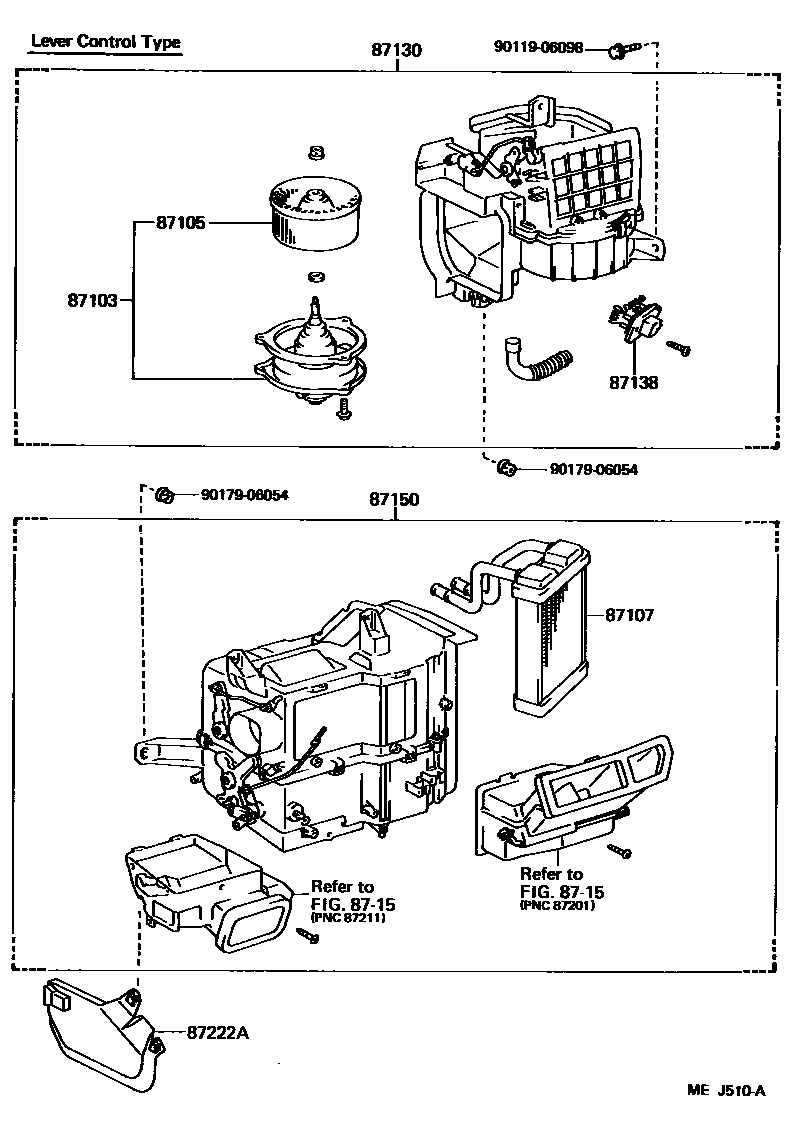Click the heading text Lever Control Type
[105, 42]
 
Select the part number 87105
[181, 223]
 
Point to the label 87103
[93, 299]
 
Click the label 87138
[633, 382]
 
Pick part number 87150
[395, 497]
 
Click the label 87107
[629, 615]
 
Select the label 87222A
[216, 1032]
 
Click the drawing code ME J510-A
[725, 1090]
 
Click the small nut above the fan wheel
[315, 151]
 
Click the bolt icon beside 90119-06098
[619, 49]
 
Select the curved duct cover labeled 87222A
[100, 1030]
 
